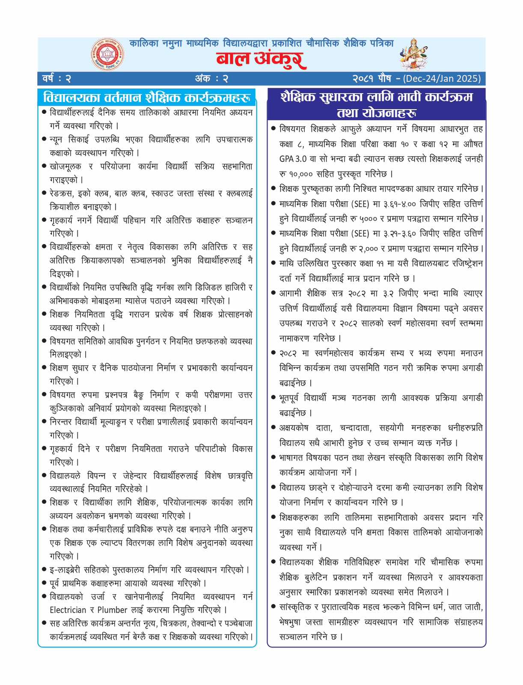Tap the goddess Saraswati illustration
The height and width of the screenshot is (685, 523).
(414, 54)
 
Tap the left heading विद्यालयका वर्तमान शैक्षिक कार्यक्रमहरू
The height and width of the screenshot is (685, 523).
(146, 97)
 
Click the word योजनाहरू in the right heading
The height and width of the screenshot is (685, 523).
(377, 113)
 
